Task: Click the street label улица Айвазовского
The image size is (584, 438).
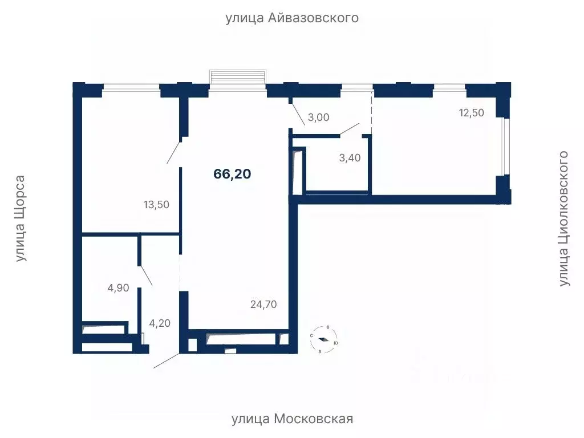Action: click(x=292, y=18)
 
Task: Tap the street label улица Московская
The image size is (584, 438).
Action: click(x=292, y=419)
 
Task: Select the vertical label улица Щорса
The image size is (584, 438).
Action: click(x=21, y=218)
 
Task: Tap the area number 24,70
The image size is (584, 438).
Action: click(x=263, y=305)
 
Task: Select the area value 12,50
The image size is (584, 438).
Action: click(x=471, y=113)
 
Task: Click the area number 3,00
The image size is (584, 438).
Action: click(x=319, y=117)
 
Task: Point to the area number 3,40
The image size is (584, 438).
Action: click(x=350, y=158)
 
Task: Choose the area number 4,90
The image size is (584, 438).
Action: click(x=119, y=288)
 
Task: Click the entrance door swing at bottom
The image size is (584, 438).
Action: click(x=166, y=361)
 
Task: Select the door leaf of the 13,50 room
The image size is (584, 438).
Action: click(x=174, y=151)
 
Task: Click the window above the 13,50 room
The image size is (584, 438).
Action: click(x=131, y=87)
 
